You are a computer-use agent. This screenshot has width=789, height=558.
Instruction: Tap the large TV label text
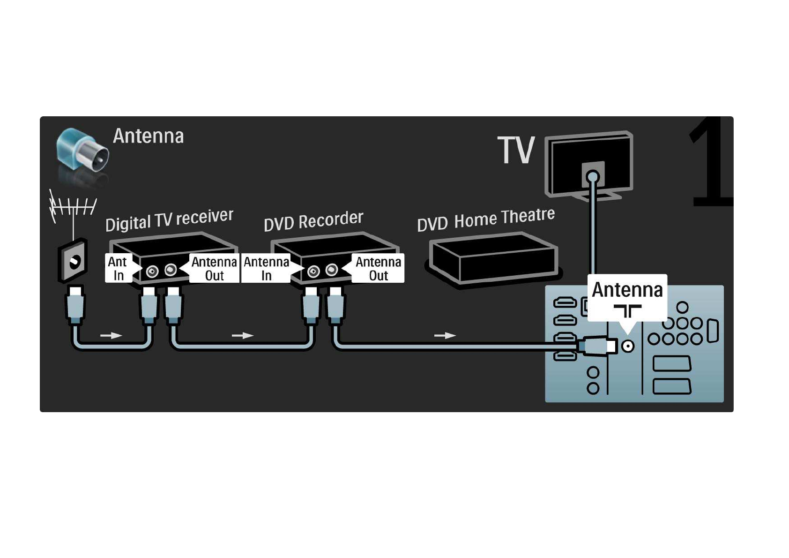click(516, 150)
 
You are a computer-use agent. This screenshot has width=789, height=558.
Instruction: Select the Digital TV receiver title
click(169, 220)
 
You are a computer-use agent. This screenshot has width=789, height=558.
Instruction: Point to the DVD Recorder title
click(313, 221)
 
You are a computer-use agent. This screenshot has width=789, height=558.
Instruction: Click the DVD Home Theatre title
click(486, 219)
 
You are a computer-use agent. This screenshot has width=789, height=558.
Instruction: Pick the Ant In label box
click(119, 268)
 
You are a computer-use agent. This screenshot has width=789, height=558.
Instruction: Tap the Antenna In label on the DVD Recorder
click(266, 268)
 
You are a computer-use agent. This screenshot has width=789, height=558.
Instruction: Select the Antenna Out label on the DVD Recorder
click(378, 268)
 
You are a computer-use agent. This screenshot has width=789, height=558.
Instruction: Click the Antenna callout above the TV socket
click(627, 298)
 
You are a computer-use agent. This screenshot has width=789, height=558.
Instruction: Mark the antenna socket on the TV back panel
click(628, 346)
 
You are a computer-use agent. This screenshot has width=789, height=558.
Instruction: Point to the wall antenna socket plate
click(73, 261)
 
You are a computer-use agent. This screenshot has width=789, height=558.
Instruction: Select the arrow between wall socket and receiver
click(111, 335)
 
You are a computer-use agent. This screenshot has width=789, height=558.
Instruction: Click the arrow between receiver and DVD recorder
click(242, 335)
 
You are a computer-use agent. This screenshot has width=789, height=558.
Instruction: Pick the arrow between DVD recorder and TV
click(445, 335)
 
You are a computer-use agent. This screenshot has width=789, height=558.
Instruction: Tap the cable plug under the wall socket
click(75, 305)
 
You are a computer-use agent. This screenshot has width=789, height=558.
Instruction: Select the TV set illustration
click(589, 166)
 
